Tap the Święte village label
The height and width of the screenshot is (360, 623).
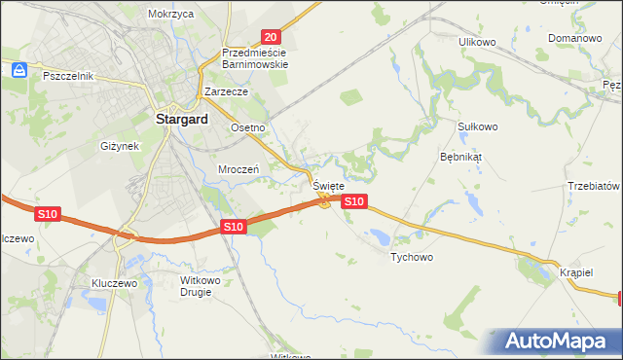click(328, 185)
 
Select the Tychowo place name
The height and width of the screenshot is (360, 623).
click(411, 257)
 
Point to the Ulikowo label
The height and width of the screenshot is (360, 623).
click(478, 42)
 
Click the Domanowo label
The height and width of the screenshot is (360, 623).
click(572, 38)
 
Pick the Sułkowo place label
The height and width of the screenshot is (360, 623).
click(477, 126)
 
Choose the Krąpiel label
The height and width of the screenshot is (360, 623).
click(576, 272)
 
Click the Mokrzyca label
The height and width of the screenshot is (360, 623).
click(171, 15)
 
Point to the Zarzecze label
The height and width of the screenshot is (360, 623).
click(227, 90)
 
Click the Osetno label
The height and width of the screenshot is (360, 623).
click(247, 128)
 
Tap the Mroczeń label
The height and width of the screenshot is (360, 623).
click(238, 168)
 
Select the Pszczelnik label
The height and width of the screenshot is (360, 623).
click(67, 75)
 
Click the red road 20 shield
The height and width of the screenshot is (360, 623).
click(272, 35)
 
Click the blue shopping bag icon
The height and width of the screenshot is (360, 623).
click(18, 70)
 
